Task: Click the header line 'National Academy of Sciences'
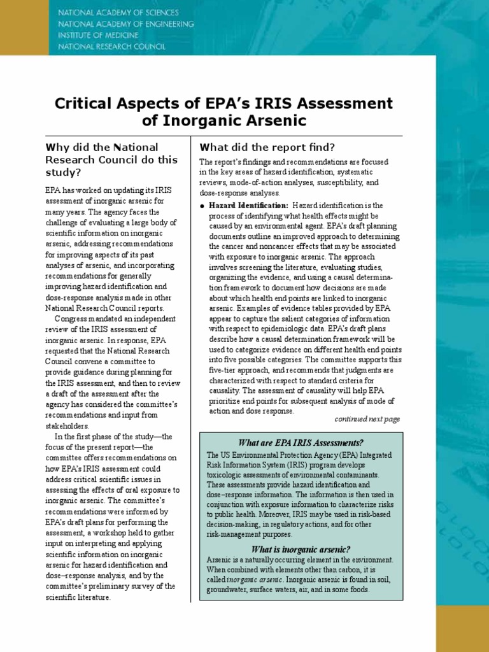click(x=118, y=13)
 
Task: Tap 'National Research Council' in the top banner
click(x=111, y=46)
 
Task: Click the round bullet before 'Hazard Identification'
click(x=202, y=206)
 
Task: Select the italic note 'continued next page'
click(x=367, y=419)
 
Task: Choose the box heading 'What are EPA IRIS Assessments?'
click(x=301, y=443)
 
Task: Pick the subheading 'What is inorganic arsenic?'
click(x=301, y=549)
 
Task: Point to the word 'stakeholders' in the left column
click(x=67, y=425)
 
